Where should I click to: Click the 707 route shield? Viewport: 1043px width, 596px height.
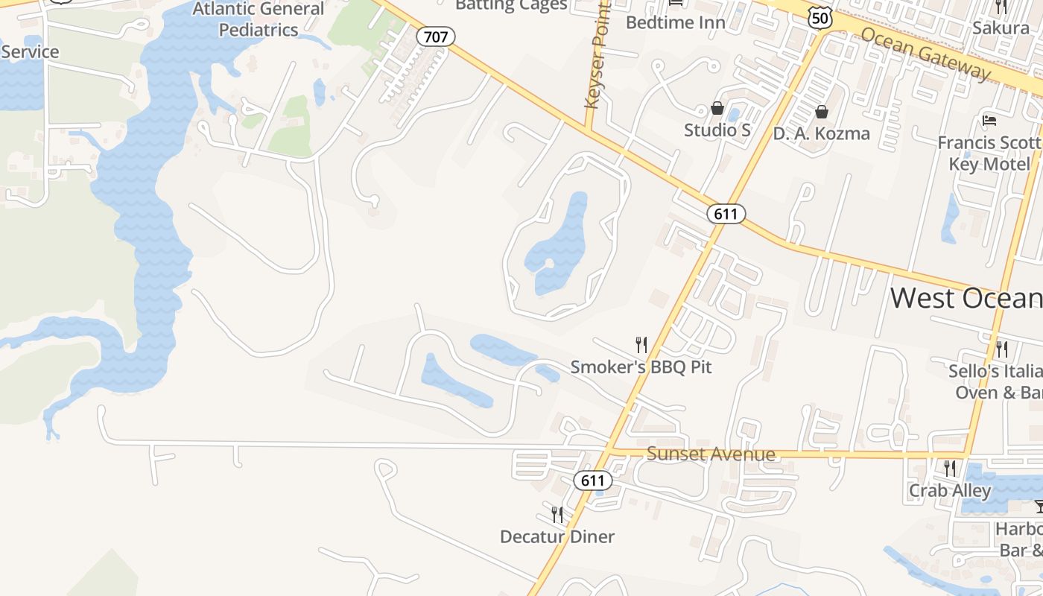436,36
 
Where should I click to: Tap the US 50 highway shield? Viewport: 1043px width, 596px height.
819,19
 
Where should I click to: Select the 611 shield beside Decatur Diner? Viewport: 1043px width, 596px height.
593,481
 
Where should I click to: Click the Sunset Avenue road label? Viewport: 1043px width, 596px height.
711,454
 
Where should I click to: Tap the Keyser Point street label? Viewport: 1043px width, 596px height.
595,56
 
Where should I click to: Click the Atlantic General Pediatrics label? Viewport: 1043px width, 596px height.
259,19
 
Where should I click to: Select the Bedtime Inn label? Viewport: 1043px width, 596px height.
675,22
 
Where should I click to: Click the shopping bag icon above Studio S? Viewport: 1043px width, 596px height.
717,109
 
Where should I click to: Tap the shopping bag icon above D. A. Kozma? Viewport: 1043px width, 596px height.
821,112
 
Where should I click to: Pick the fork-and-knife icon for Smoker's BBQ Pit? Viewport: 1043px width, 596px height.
641,344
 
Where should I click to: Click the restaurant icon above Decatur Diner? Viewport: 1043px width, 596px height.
557,514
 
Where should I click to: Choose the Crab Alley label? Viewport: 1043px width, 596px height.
949,491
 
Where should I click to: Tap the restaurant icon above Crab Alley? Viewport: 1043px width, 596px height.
949,469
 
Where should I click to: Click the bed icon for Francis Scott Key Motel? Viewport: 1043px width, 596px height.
989,120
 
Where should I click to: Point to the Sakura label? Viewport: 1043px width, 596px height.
1001,28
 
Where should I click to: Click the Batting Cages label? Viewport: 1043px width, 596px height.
511,5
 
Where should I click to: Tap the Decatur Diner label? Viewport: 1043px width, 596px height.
557,536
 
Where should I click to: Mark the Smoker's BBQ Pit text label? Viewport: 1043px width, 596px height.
641,367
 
